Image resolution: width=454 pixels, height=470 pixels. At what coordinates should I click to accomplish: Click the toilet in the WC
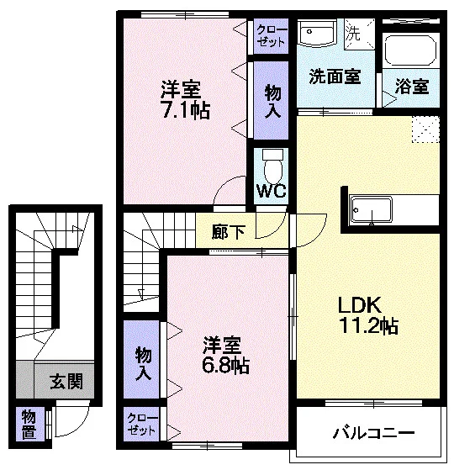272,166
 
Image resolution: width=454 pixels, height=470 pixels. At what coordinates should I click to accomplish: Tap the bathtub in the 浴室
409,50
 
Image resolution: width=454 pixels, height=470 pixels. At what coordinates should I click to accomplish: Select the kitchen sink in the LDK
372,209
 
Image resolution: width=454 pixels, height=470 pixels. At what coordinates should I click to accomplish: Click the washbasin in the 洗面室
317,33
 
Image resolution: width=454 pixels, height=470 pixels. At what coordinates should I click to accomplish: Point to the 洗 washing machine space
360,34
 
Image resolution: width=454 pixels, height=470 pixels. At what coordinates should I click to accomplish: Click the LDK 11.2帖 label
368,314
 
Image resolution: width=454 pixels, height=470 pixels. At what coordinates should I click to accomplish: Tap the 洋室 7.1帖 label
185,100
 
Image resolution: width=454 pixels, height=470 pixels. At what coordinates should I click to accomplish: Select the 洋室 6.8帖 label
225,355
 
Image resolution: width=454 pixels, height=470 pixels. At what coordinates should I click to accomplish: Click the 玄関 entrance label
66,381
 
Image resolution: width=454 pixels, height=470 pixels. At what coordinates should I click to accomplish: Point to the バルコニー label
373,433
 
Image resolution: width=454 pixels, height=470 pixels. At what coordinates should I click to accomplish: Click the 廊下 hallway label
229,232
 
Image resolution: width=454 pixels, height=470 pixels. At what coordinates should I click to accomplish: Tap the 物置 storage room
29,424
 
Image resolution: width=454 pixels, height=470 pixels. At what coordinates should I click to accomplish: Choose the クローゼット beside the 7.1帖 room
272,36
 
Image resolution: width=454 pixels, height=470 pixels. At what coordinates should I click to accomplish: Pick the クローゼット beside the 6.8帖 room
141,424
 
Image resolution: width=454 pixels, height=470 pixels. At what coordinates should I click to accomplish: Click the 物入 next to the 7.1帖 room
272,100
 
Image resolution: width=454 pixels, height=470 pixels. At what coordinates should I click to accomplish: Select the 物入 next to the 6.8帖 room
141,359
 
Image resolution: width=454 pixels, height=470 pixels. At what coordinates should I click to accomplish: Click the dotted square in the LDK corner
425,129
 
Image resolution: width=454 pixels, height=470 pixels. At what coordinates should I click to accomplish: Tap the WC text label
272,190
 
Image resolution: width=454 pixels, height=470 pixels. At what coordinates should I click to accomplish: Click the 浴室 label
412,86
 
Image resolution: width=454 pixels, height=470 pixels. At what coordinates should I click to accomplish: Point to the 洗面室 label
335,77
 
